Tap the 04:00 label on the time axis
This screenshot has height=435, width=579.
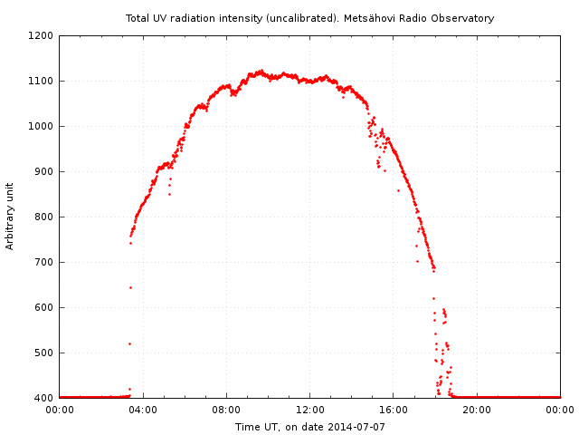pos(143,410)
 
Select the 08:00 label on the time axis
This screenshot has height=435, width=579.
pos(226,410)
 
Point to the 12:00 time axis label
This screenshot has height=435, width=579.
pos(309,410)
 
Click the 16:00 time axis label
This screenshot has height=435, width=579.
pos(394,410)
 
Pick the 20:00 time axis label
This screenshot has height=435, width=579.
pos(477,410)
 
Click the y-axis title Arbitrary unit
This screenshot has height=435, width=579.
pos(11,217)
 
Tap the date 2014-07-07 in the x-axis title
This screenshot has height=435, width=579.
pos(358,427)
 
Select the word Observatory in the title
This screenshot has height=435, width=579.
pos(465,18)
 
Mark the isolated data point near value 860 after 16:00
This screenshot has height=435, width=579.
pos(398,190)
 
